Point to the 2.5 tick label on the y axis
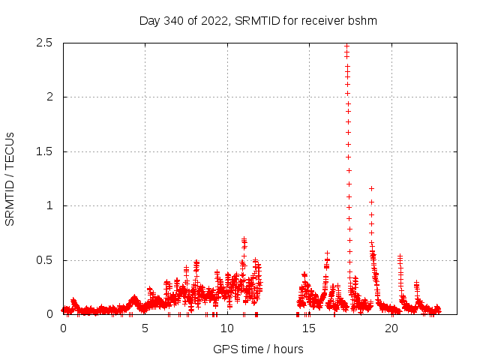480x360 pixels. coord(44,43)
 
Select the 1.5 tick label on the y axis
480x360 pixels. coord(44,151)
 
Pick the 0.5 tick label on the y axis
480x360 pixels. coord(44,260)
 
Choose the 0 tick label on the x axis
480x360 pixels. coord(63,328)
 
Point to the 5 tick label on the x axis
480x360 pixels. coord(145,328)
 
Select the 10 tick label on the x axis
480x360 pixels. coord(227,328)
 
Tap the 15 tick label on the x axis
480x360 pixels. coord(309,328)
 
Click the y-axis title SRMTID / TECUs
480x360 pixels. coord(10,178)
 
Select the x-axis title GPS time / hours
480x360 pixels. coord(258,349)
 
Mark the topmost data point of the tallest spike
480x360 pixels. coord(346,46)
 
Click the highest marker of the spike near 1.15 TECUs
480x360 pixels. coord(371,188)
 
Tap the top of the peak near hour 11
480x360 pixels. coord(244,240)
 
